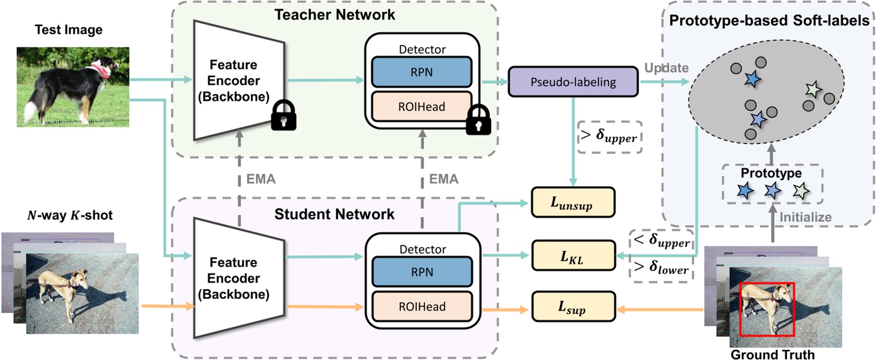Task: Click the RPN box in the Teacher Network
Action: coord(421,72)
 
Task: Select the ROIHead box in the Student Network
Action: coord(421,306)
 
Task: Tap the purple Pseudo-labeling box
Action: coord(573,82)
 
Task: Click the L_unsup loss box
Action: coord(572,203)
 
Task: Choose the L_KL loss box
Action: coord(572,256)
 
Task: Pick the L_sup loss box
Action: coord(572,306)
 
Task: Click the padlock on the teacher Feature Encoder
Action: coord(283,116)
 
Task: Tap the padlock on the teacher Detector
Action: coord(478,120)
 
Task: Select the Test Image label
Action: coord(68,30)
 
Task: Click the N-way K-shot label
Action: coord(69,215)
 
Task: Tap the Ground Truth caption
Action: coord(772,355)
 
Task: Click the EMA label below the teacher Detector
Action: coord(444,179)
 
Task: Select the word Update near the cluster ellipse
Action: coord(666,68)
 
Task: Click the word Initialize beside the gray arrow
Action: coord(805,217)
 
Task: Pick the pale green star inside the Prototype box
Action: coord(800,191)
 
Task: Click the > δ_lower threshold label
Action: coord(661,268)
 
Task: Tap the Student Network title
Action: coord(334,214)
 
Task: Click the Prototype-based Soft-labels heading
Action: coord(769,21)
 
